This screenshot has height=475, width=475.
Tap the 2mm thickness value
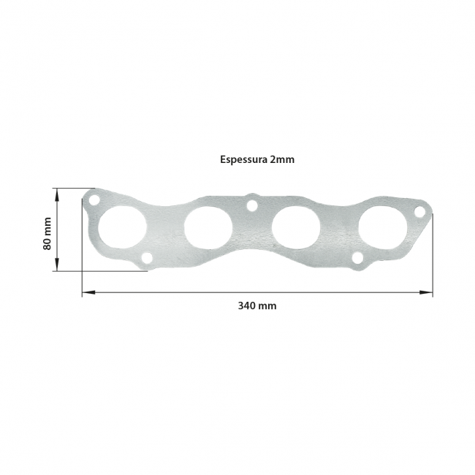click(x=282, y=159)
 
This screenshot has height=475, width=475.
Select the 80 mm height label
click(x=47, y=234)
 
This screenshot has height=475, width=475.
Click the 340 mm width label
click(x=257, y=305)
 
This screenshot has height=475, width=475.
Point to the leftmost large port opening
click(x=122, y=227)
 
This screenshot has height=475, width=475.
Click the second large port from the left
click(x=208, y=227)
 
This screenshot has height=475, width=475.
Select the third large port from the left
click(x=296, y=227)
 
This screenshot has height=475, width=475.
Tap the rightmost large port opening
click(x=383, y=227)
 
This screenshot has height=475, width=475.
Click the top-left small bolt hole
click(x=94, y=200)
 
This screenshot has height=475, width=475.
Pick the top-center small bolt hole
click(x=251, y=205)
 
